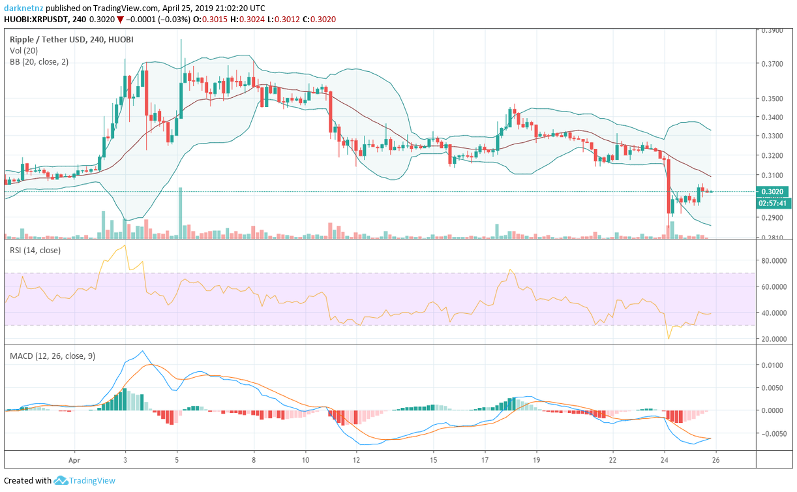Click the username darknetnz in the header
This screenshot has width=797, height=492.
click(x=24, y=8)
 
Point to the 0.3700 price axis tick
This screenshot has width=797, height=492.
click(x=774, y=64)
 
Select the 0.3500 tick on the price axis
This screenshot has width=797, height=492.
click(x=774, y=99)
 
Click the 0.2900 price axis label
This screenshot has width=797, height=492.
click(x=774, y=217)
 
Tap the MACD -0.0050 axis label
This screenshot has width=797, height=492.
click(x=773, y=433)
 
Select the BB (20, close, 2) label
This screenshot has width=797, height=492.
click(x=39, y=62)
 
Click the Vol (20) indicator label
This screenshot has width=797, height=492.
click(x=25, y=51)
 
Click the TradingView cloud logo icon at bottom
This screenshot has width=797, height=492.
click(x=61, y=481)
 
